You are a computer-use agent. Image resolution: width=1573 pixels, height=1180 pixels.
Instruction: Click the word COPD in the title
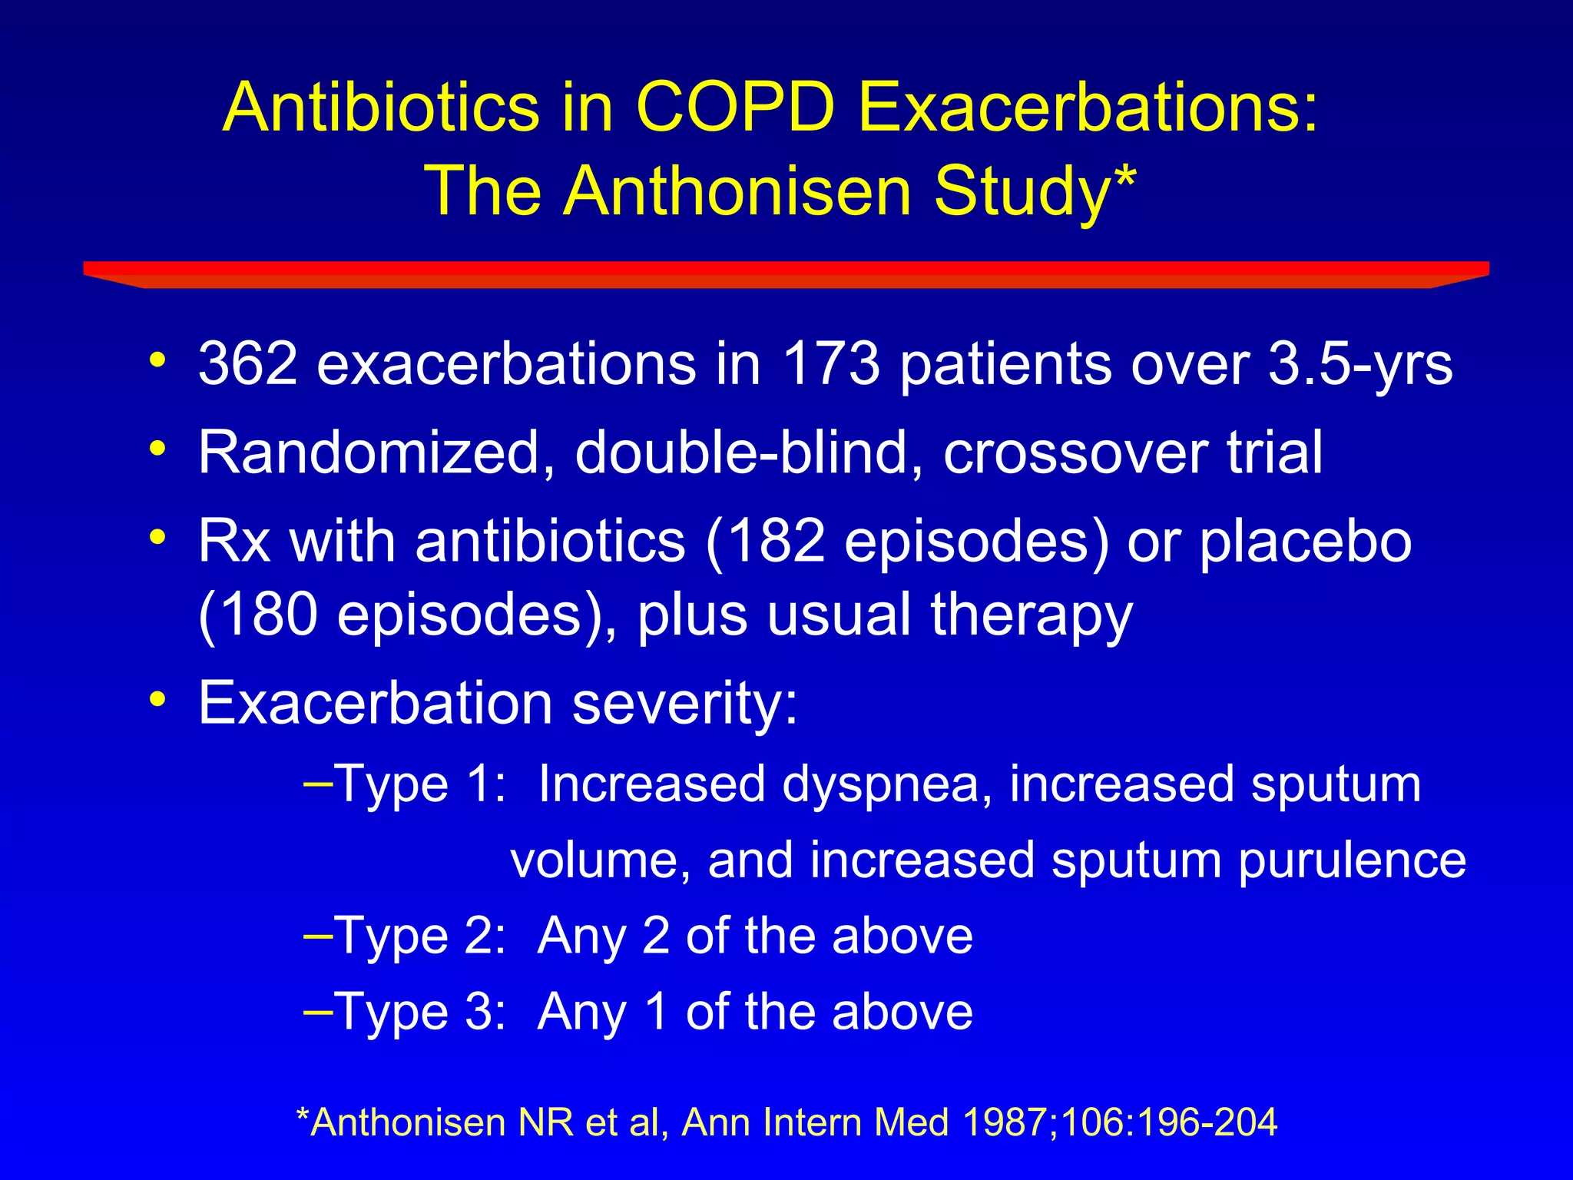(735, 108)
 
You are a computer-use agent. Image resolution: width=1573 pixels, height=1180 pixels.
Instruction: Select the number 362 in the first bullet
(247, 363)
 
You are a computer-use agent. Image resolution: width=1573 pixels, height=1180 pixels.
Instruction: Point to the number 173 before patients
(830, 363)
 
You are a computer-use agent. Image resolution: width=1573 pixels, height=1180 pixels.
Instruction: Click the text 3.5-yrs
(1359, 365)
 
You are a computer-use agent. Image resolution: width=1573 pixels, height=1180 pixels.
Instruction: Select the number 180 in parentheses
(265, 615)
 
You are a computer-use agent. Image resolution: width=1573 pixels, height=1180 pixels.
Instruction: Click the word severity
(685, 704)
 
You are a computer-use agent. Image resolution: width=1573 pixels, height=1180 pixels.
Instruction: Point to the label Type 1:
(420, 786)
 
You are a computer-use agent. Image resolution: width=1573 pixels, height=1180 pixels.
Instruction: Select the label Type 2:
(420, 937)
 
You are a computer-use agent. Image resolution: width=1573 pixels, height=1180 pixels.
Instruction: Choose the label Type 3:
(420, 1013)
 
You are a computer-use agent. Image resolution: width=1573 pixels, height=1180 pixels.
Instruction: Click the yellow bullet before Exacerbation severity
(158, 700)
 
